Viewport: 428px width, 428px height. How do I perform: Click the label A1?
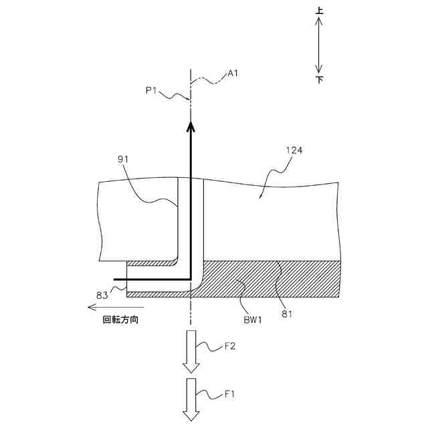pyautogui.click(x=233, y=74)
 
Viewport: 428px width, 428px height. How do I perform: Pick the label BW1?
pyautogui.click(x=251, y=320)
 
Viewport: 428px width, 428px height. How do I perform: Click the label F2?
pyautogui.click(x=231, y=346)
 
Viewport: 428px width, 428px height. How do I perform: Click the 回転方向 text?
pyautogui.click(x=120, y=320)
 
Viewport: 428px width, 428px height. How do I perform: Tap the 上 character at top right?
pyautogui.click(x=319, y=11)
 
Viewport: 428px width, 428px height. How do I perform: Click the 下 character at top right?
pyautogui.click(x=319, y=80)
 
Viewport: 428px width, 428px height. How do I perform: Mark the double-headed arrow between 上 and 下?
pyautogui.click(x=319, y=45)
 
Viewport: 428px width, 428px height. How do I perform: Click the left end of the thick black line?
pyautogui.click(x=116, y=279)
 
